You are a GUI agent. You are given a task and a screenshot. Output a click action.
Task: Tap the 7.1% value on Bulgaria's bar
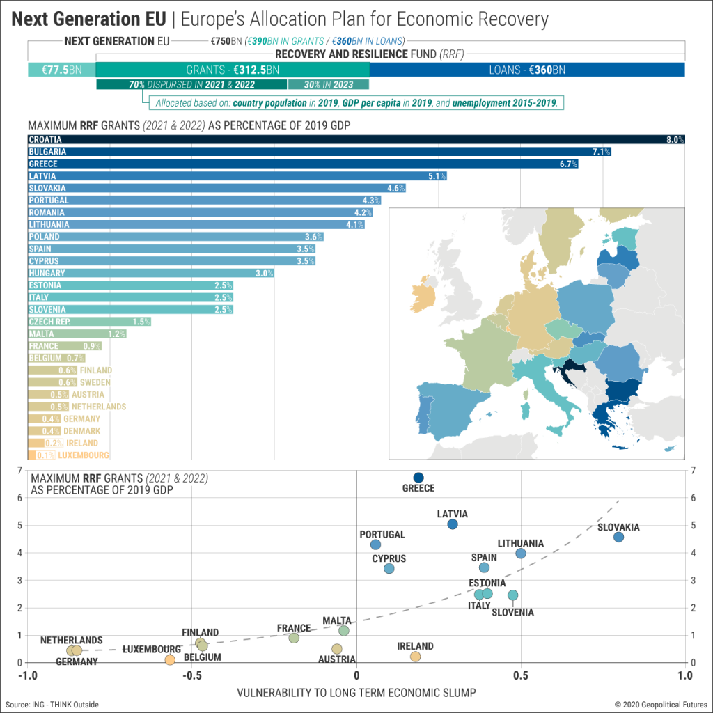[x=601, y=152]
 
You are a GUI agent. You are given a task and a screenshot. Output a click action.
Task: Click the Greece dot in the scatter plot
[x=418, y=477]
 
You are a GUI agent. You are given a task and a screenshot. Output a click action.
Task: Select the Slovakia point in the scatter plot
[x=618, y=537]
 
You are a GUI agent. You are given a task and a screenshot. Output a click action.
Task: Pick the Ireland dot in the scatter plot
[x=416, y=657]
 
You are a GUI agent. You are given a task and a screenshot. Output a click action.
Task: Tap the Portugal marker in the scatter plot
[x=376, y=544]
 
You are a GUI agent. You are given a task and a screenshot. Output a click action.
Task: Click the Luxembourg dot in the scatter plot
[x=170, y=659]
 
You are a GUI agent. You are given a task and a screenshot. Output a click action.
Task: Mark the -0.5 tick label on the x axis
[x=191, y=675]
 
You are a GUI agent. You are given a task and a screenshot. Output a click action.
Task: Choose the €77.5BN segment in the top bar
[x=61, y=70]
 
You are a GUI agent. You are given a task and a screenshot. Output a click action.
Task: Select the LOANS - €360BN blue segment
[x=527, y=70]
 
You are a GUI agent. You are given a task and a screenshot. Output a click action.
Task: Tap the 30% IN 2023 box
[x=328, y=85]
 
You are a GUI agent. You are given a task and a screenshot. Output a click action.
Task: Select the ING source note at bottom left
[x=52, y=705]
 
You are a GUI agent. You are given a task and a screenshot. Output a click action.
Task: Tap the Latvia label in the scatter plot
[x=452, y=514]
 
